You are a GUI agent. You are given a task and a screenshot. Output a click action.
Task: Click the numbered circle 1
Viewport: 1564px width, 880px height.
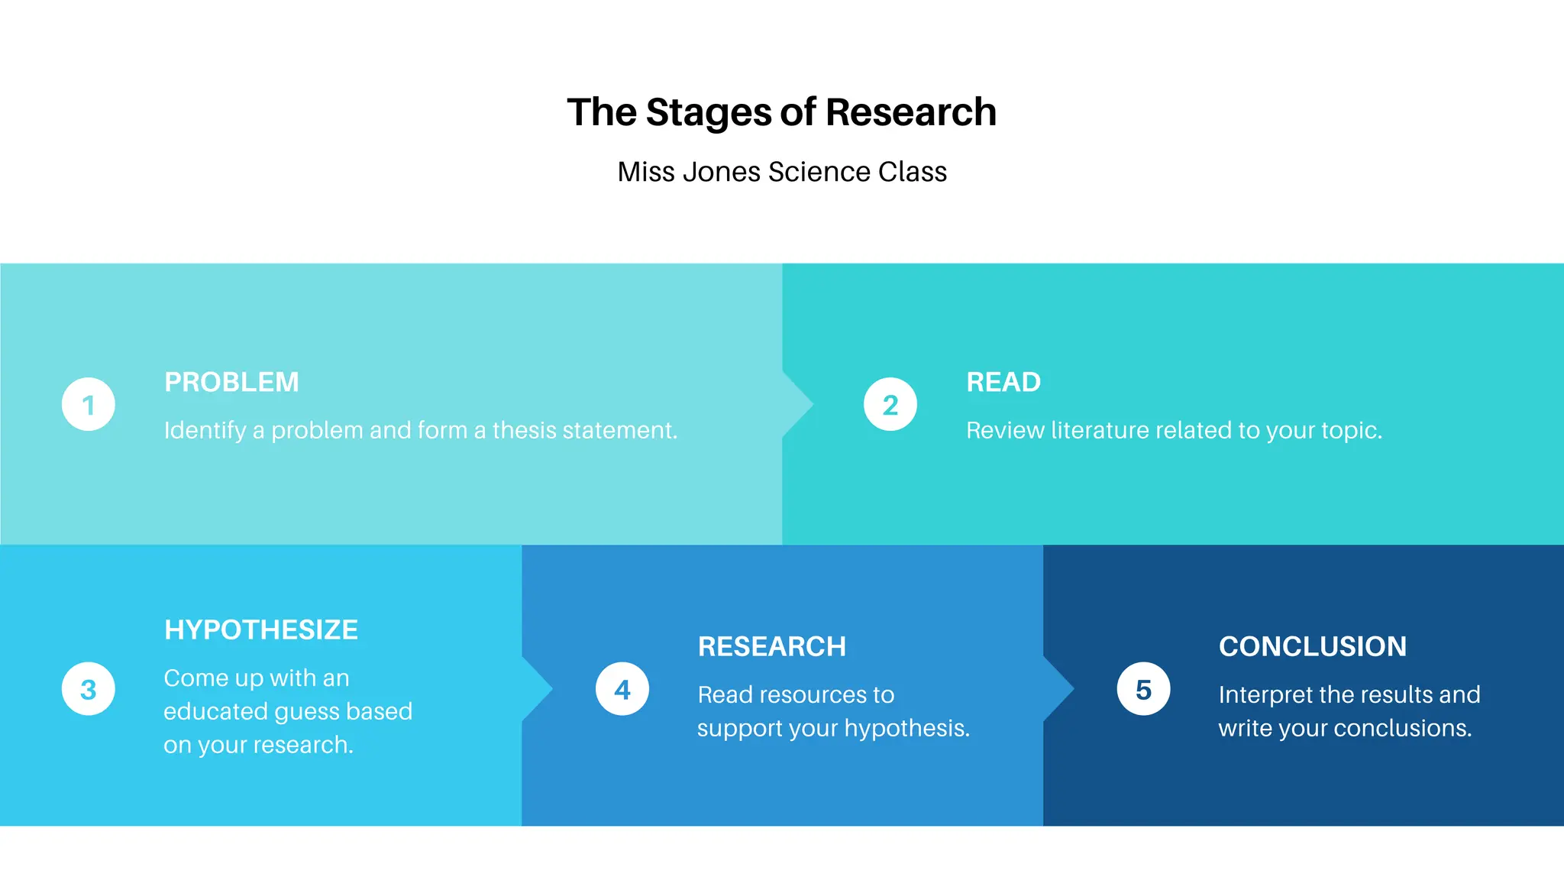(x=89, y=404)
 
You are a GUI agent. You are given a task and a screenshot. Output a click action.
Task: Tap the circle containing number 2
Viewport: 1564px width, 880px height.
(x=890, y=404)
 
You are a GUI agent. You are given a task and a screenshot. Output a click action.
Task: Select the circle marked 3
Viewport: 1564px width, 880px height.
(x=89, y=689)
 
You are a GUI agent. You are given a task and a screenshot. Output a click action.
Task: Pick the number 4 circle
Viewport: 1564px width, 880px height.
(x=622, y=689)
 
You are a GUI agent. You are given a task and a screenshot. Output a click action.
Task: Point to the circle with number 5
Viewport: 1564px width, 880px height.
(x=1143, y=689)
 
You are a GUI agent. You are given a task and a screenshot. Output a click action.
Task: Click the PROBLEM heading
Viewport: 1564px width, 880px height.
(x=231, y=382)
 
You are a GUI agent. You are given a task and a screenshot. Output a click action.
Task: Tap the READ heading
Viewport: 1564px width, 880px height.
(x=1003, y=382)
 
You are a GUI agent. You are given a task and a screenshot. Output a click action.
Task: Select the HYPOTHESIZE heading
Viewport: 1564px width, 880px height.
(x=261, y=630)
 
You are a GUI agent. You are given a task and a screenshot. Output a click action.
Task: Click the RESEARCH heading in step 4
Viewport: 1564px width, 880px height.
(x=772, y=647)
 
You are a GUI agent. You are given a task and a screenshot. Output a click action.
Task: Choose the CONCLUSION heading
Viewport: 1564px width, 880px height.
(x=1313, y=647)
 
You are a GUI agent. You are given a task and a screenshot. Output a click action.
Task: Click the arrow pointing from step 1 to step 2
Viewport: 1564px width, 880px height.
(x=798, y=404)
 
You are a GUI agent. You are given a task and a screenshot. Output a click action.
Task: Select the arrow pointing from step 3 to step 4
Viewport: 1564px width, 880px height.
(x=538, y=689)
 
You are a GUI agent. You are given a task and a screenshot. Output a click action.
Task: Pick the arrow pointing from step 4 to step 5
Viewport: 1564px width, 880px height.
(x=1059, y=689)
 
